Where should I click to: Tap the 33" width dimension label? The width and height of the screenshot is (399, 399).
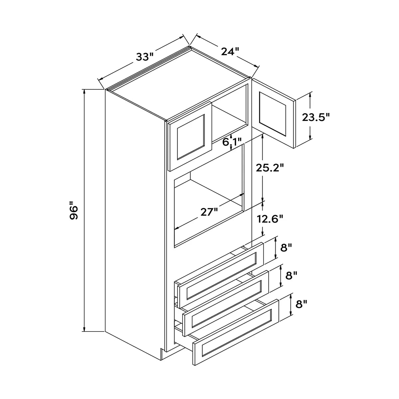tap(145, 57)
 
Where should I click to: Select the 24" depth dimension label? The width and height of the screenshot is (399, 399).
tap(230, 52)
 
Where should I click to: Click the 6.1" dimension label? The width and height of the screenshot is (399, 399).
tap(232, 142)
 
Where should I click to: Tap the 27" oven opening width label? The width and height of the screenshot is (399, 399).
tap(209, 212)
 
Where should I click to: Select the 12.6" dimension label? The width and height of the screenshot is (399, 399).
tap(270, 219)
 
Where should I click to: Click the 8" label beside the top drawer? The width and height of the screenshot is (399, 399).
tap(286, 247)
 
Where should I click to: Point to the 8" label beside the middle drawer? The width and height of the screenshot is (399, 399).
tap(291, 276)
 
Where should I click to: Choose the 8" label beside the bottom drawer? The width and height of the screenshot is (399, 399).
tap(301, 304)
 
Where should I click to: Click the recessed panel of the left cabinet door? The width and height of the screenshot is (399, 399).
tap(191, 137)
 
